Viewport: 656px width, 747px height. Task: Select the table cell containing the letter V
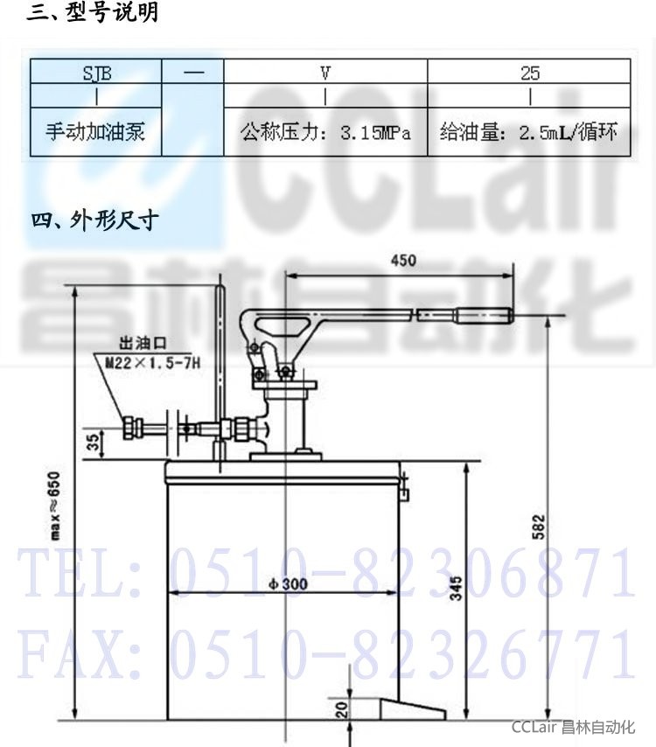tap(325, 72)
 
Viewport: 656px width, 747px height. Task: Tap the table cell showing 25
tap(529, 72)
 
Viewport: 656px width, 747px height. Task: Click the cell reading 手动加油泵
tap(95, 132)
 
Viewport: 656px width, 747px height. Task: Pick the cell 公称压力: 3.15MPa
tap(325, 132)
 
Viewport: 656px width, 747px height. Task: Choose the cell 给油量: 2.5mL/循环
tap(529, 132)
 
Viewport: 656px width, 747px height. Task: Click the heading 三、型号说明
tap(93, 12)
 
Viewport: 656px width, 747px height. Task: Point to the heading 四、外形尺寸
tap(94, 220)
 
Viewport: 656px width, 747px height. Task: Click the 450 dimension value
tap(403, 261)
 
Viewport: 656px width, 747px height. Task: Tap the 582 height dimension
tap(538, 527)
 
